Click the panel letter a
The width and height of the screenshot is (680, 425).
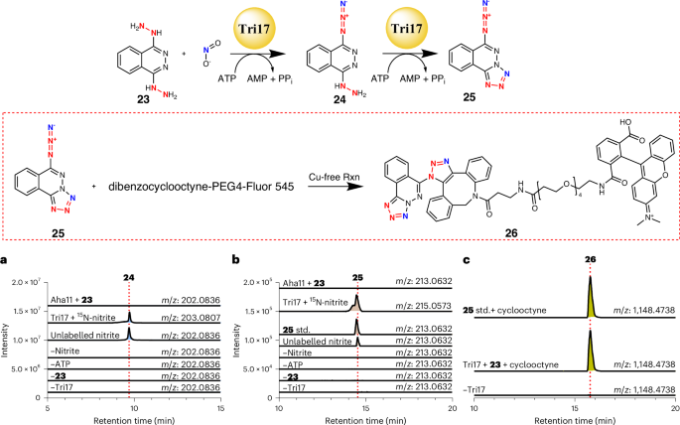[x=5, y=259]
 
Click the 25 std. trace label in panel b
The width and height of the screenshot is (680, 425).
[x=273, y=328]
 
